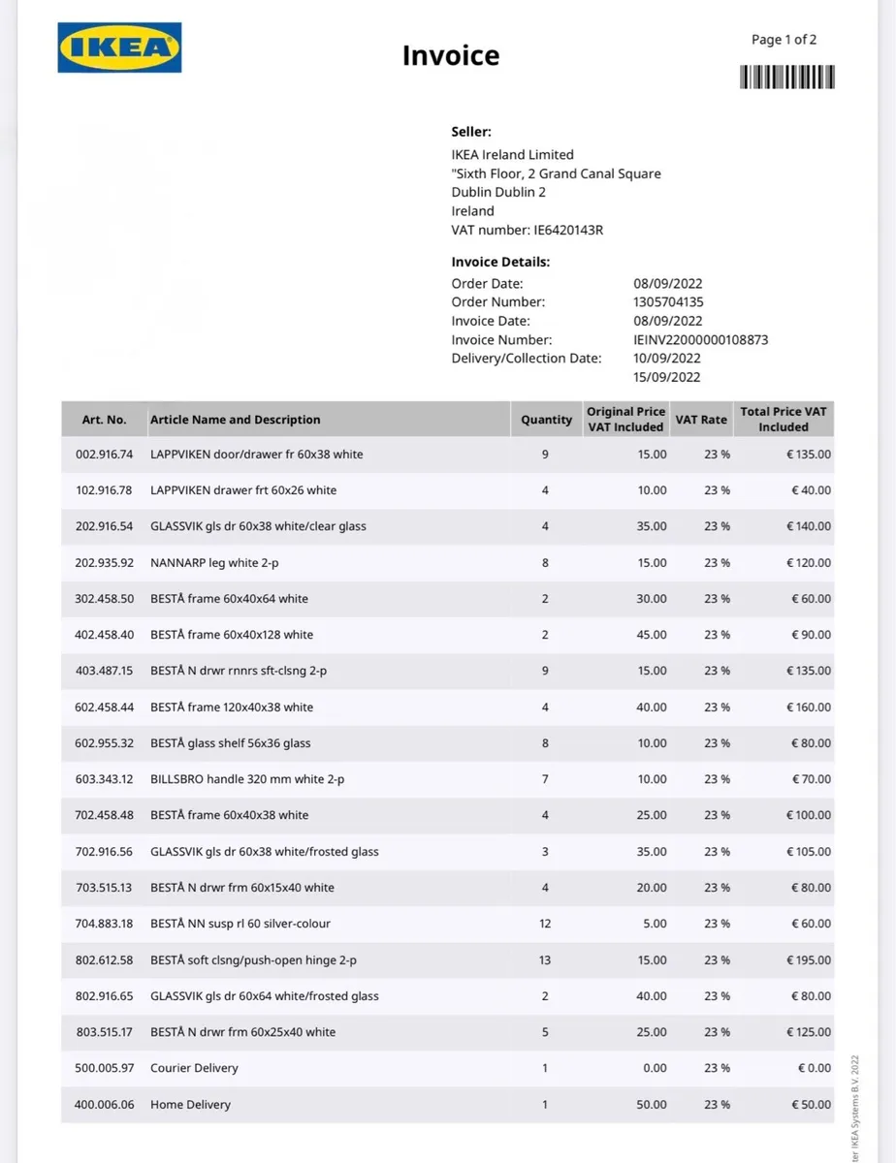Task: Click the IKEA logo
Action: pyautogui.click(x=120, y=48)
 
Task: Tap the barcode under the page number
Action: pyautogui.click(x=786, y=77)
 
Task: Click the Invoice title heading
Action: pyautogui.click(x=451, y=55)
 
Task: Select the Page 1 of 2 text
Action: pyautogui.click(x=784, y=40)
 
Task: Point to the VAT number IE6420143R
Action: pyautogui.click(x=568, y=230)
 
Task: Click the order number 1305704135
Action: pyautogui.click(x=668, y=302)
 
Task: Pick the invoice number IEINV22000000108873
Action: pyautogui.click(x=700, y=340)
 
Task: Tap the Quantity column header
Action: pyautogui.click(x=546, y=420)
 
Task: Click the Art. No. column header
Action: pyautogui.click(x=104, y=420)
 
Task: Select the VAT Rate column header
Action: pyautogui.click(x=700, y=420)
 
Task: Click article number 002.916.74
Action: pyautogui.click(x=104, y=454)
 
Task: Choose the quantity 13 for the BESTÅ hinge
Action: pyautogui.click(x=545, y=960)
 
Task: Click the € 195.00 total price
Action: pyautogui.click(x=808, y=960)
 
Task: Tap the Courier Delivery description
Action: pyautogui.click(x=194, y=1068)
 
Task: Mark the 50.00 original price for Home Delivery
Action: pyautogui.click(x=653, y=1105)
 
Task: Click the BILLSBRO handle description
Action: pyautogui.click(x=247, y=779)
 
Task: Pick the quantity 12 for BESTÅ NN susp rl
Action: pyautogui.click(x=545, y=924)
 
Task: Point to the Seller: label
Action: pyautogui.click(x=471, y=132)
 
